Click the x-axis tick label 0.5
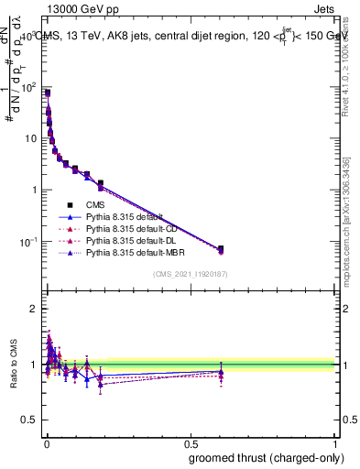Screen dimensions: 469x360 tap(191, 444)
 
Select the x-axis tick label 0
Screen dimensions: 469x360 tap(46, 444)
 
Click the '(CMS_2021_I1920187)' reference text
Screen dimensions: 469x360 tap(191, 274)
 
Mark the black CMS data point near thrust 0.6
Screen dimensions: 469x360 tap(221, 249)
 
